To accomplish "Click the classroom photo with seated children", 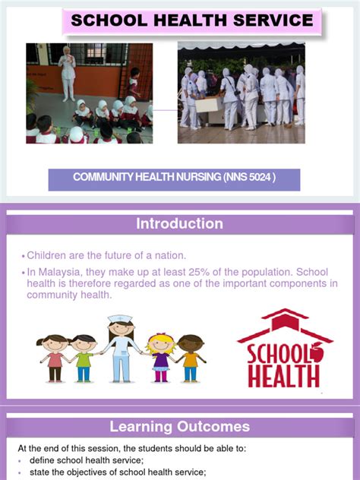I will pos(89,93).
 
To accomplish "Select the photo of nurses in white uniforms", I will pos(241,93).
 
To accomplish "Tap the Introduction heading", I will pos(179,223).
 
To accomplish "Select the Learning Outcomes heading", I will pos(179,427).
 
